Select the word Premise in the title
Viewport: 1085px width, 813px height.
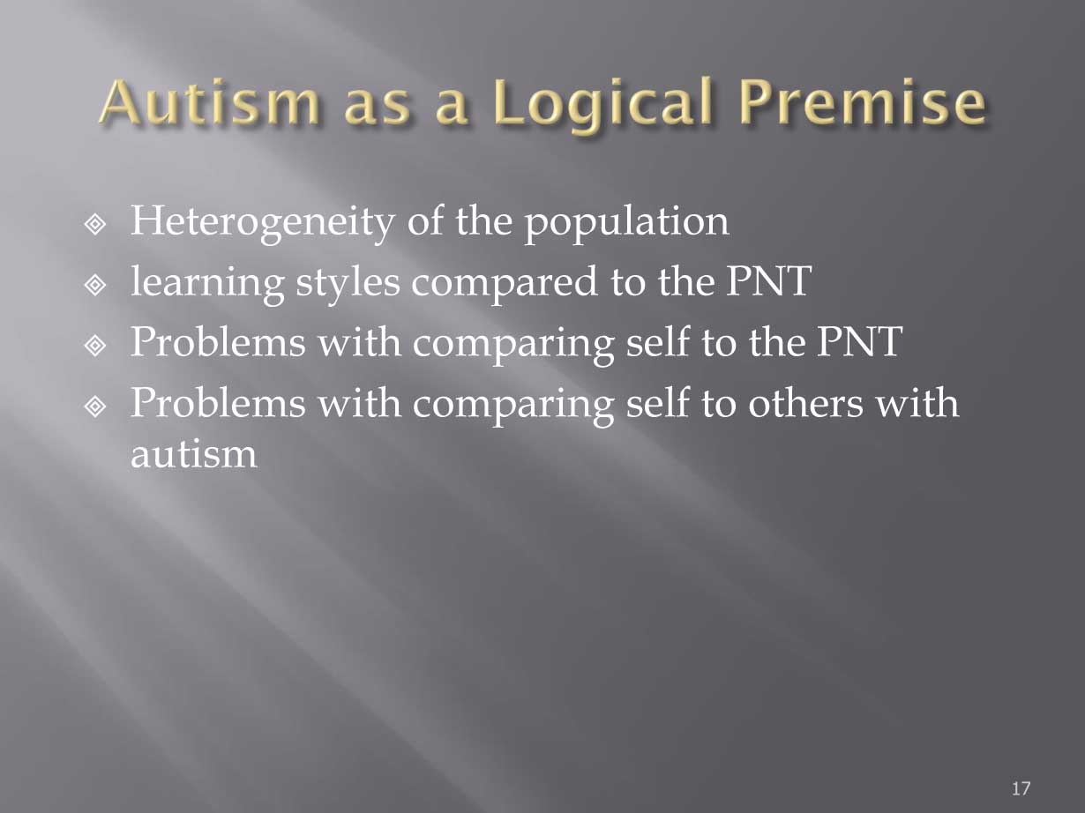click(863, 101)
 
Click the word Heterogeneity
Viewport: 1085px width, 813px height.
click(263, 223)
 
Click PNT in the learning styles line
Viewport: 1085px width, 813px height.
click(768, 281)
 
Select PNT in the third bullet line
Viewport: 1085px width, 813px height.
click(859, 341)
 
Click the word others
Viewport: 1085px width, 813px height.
click(805, 402)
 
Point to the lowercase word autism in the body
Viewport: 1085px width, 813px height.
click(194, 454)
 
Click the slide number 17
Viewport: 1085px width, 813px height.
click(1021, 789)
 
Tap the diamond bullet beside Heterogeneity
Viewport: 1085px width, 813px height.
click(95, 225)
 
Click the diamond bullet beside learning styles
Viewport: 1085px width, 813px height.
click(95, 286)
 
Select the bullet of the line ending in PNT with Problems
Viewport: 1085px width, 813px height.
click(95, 347)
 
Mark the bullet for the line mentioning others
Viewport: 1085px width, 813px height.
click(95, 407)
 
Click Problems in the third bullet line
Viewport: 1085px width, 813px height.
click(218, 341)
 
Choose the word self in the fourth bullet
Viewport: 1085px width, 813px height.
click(657, 402)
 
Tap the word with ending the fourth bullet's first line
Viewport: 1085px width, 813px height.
click(917, 402)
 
